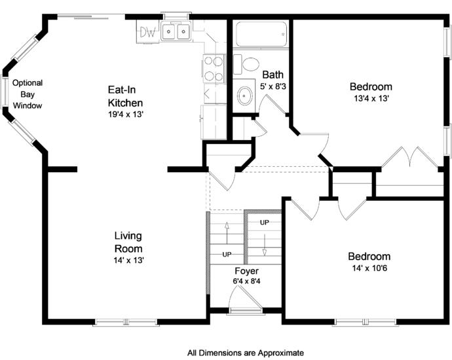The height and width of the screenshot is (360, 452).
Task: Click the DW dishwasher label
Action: pyautogui.click(x=148, y=32)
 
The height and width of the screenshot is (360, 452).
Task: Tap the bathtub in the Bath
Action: pyautogui.click(x=261, y=33)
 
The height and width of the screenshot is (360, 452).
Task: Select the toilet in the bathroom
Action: pyautogui.click(x=246, y=64)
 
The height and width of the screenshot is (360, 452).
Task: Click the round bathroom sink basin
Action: pyautogui.click(x=245, y=96)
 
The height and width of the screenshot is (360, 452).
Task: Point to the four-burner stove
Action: pyautogui.click(x=214, y=69)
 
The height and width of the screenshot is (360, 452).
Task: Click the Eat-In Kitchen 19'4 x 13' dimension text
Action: pyautogui.click(x=126, y=115)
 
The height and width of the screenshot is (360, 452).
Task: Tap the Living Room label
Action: pyautogui.click(x=128, y=242)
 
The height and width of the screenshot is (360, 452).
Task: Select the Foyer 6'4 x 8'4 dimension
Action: pyautogui.click(x=246, y=281)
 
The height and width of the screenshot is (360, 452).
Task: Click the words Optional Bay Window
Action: pyautogui.click(x=28, y=94)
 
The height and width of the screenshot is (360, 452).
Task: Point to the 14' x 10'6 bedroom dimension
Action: pyautogui.click(x=369, y=268)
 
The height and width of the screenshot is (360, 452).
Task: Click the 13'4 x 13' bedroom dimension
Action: pyautogui.click(x=372, y=98)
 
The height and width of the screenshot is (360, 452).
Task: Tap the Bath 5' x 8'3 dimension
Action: pyautogui.click(x=273, y=86)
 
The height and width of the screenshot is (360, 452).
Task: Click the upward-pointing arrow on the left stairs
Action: pyautogui.click(x=227, y=233)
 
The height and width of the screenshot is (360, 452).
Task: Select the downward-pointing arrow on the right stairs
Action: pyautogui.click(x=265, y=245)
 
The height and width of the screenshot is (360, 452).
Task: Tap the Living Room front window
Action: pyautogui.click(x=126, y=322)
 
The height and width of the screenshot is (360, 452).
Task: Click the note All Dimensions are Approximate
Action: pyautogui.click(x=245, y=353)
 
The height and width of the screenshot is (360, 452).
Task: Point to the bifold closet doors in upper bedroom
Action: pyautogui.click(x=409, y=157)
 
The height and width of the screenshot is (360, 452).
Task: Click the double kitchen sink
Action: pyautogui.click(x=176, y=31)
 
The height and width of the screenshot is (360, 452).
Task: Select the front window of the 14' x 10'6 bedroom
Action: pyautogui.click(x=365, y=322)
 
